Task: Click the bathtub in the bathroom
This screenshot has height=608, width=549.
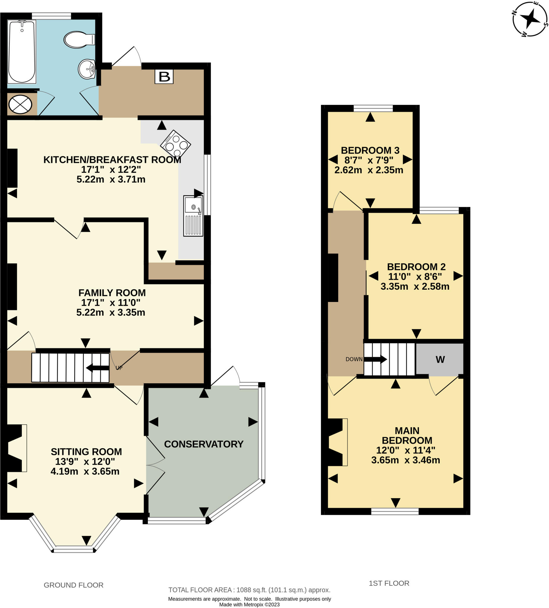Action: pos(21,51)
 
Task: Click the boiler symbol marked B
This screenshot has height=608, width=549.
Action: pos(164,77)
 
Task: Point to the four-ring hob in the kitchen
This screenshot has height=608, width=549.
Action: pos(175,143)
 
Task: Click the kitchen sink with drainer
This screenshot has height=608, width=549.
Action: pos(193,216)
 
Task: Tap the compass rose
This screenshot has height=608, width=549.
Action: pos(530,19)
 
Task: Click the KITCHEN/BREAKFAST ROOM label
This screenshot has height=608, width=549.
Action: pos(112,159)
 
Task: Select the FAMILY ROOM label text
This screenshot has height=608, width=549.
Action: pos(112,292)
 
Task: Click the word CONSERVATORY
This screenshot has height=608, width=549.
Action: pos(204,444)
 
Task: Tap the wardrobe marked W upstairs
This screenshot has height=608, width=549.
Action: pos(440,360)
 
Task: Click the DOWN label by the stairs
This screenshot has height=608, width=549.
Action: pos(354,359)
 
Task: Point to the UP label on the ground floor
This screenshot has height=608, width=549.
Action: pos(119,368)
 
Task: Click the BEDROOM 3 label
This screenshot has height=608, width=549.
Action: pos(370,150)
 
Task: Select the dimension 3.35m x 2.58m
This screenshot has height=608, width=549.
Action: pos(415,286)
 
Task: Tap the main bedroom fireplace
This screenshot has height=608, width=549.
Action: pos(336,442)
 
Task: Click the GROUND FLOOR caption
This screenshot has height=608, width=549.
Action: pos(74,585)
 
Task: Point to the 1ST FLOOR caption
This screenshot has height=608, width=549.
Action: pos(389,583)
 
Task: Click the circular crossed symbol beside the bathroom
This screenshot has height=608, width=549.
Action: pos(20,104)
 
